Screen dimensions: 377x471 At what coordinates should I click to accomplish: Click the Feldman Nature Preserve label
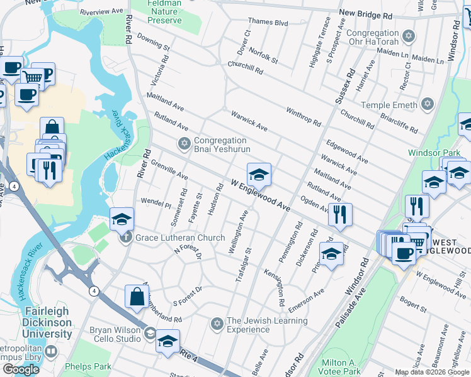pyautogui.click(x=164, y=12)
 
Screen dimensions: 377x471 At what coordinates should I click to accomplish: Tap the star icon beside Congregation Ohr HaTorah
pyautogui.click(x=409, y=36)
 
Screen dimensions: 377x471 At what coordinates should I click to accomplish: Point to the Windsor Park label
pyautogui.click(x=434, y=153)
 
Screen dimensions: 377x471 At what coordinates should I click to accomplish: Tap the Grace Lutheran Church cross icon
pyautogui.click(x=126, y=238)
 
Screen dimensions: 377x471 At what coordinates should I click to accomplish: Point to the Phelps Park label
pyautogui.click(x=88, y=366)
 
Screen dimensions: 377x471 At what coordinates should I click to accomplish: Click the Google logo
pyautogui.click(x=21, y=369)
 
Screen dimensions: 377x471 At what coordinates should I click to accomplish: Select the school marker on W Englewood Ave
pyautogui.click(x=259, y=175)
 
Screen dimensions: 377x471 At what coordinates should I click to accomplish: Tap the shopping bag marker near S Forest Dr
pyautogui.click(x=137, y=297)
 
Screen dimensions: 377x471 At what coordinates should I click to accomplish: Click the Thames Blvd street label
pyautogui.click(x=268, y=23)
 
